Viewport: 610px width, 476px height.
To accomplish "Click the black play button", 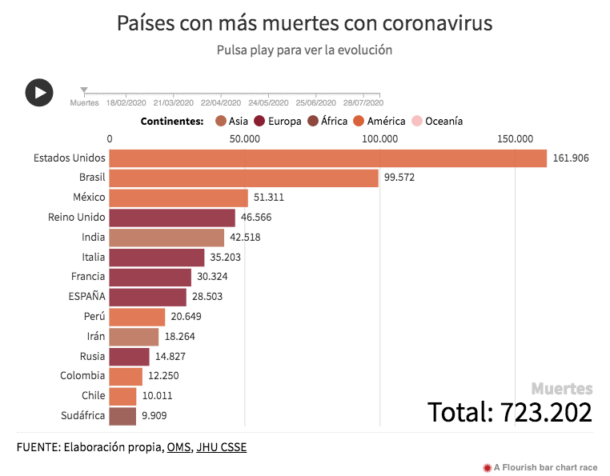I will (x=39, y=93).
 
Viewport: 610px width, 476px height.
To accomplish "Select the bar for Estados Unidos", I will (x=327, y=158).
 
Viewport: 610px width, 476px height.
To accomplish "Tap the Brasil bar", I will (x=243, y=178).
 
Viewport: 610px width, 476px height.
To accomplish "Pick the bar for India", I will (x=167, y=238).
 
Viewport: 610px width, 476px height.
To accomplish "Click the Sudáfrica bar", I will (x=122, y=415).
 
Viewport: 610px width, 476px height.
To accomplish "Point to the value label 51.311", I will (x=269, y=198).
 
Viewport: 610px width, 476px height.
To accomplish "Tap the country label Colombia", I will (x=82, y=376).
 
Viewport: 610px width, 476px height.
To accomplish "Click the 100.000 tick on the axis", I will (x=379, y=139).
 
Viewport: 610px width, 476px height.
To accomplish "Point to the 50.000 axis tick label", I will (x=244, y=139).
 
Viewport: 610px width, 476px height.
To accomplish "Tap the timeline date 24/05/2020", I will (x=268, y=103).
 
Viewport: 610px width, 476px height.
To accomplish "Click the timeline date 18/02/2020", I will (x=126, y=103).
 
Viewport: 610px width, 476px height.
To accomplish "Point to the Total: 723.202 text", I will (x=510, y=412).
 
